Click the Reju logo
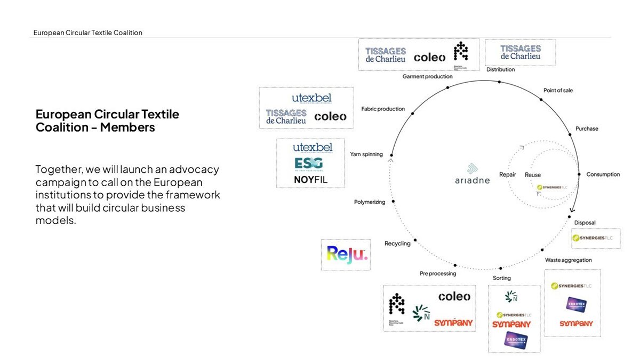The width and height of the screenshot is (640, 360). pos(346,253)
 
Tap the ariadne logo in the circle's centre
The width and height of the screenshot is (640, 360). pos(471,174)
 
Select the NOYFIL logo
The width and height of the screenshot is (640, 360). pos(310,180)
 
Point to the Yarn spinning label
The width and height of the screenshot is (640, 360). pos(366,155)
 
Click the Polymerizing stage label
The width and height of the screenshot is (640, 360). pos(369,202)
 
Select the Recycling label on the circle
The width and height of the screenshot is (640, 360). pos(397,244)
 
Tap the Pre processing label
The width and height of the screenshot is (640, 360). pos(437,274)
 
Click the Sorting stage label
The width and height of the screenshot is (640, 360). pos(501,278)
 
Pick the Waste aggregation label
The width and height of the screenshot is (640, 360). pos(568,260)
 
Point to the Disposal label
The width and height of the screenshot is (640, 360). pos(585,222)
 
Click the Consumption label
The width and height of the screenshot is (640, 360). pos(603,174)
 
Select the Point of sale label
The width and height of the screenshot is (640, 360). pos(558,91)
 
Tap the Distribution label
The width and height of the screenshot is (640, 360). pos(500,70)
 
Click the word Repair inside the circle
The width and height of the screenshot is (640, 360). pos(507,175)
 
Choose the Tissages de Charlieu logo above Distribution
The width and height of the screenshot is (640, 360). pos(520,52)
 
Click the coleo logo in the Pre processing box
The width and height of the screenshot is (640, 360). pos(454,297)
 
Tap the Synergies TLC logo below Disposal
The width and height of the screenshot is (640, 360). pos(596,238)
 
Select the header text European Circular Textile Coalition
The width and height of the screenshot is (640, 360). pos(87,33)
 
